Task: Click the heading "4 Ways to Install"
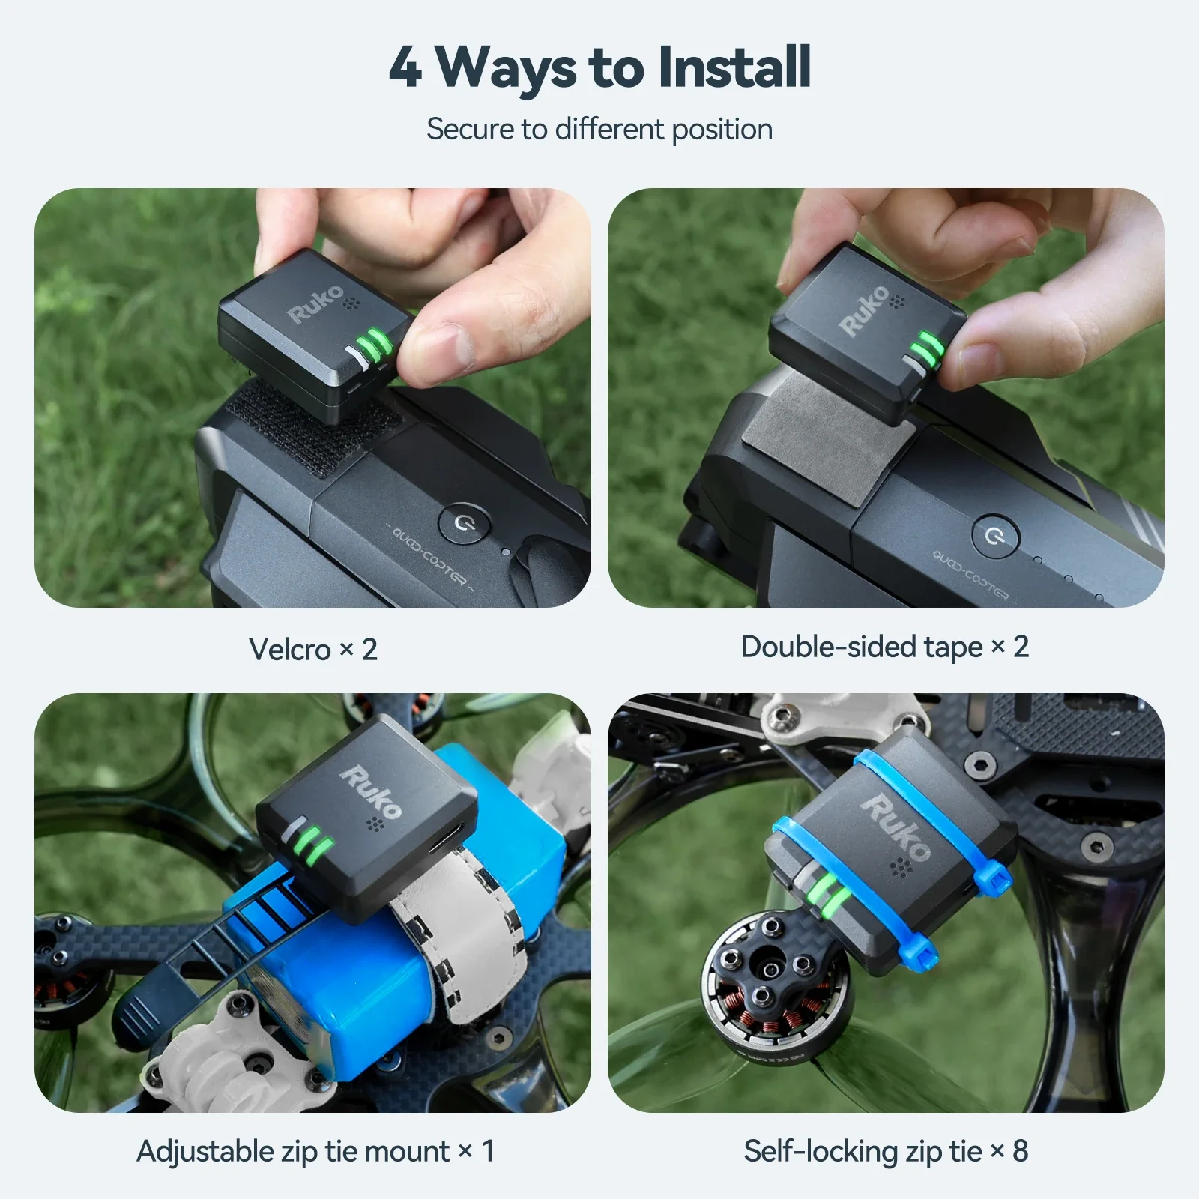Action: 599,67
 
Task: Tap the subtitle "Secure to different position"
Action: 599,129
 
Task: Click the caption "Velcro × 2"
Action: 312,649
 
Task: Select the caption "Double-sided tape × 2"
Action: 884,647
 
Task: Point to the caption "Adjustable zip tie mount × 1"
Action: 315,1151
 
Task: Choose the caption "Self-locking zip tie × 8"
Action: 886,1151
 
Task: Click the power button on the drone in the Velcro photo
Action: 462,522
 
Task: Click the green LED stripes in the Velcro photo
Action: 373,346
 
